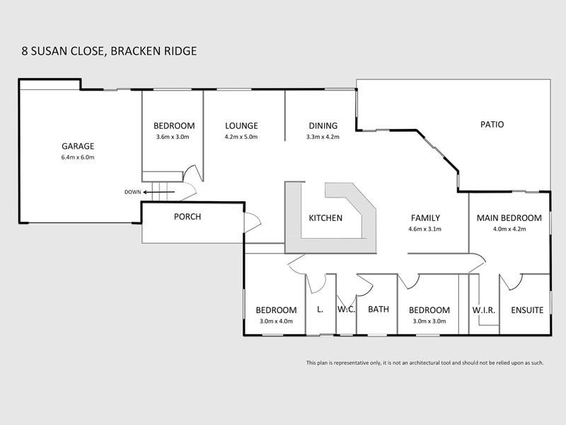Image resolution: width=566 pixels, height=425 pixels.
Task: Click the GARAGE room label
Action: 78,146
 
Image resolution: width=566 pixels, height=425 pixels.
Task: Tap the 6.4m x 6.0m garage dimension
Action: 78,157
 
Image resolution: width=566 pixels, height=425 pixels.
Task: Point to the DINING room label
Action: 323,125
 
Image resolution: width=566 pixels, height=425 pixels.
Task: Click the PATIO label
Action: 492,124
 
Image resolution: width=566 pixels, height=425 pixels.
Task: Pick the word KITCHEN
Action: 325,218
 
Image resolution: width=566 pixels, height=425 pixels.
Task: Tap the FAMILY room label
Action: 424,218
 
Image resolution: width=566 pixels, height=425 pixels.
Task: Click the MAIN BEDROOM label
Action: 509,218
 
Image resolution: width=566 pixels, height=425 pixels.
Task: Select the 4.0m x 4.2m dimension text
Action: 509,229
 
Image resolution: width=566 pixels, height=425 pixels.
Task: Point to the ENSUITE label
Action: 526,310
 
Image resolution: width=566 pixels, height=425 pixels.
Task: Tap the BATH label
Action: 379,310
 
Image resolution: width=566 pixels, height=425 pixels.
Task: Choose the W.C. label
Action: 346,310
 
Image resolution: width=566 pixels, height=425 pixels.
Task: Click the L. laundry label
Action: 320,310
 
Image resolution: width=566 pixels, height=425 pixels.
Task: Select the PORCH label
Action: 187,217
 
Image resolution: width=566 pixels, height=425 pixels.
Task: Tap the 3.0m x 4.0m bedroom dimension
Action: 275,321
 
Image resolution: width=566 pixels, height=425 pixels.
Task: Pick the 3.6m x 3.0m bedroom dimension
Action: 173,137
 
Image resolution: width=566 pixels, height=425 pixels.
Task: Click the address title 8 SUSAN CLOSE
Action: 63,51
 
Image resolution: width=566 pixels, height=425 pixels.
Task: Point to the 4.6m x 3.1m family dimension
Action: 424,229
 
